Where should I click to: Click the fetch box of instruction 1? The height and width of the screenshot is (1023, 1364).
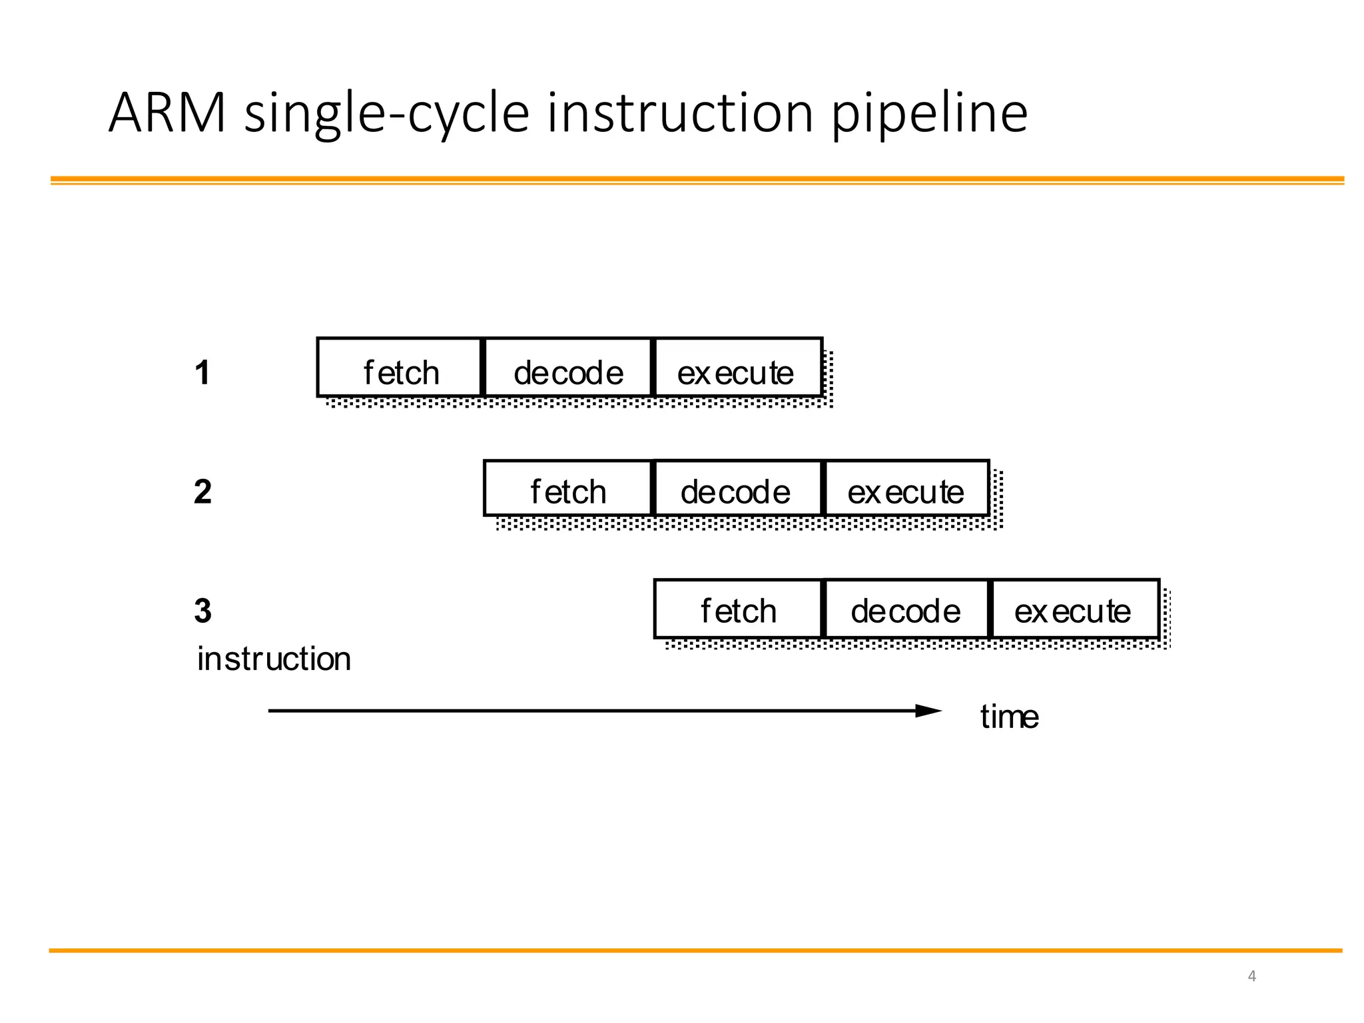pyautogui.click(x=400, y=368)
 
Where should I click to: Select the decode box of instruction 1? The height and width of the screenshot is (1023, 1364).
pyautogui.click(x=568, y=368)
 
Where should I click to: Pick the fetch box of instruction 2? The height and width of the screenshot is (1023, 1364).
pyautogui.click(x=567, y=488)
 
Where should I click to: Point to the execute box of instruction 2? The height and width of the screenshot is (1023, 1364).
pyautogui.click(x=906, y=488)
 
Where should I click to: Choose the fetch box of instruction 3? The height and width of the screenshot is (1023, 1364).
pyautogui.click(x=739, y=609)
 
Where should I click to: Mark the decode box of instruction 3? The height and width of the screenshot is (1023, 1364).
pyautogui.click(x=906, y=609)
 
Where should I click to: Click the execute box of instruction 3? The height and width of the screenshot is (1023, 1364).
pyautogui.click(x=1075, y=609)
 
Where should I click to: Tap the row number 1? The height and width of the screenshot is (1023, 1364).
pyautogui.click(x=202, y=372)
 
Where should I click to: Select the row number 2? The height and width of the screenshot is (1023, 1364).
pyautogui.click(x=202, y=492)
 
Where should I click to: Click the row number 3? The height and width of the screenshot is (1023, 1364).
pyautogui.click(x=202, y=611)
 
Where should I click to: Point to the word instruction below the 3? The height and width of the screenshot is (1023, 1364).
pyautogui.click(x=274, y=659)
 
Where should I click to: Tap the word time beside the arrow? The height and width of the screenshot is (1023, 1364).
pyautogui.click(x=1009, y=717)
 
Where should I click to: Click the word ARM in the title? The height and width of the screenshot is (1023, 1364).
pyautogui.click(x=167, y=113)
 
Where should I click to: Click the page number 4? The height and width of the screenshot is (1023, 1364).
pyautogui.click(x=1251, y=976)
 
